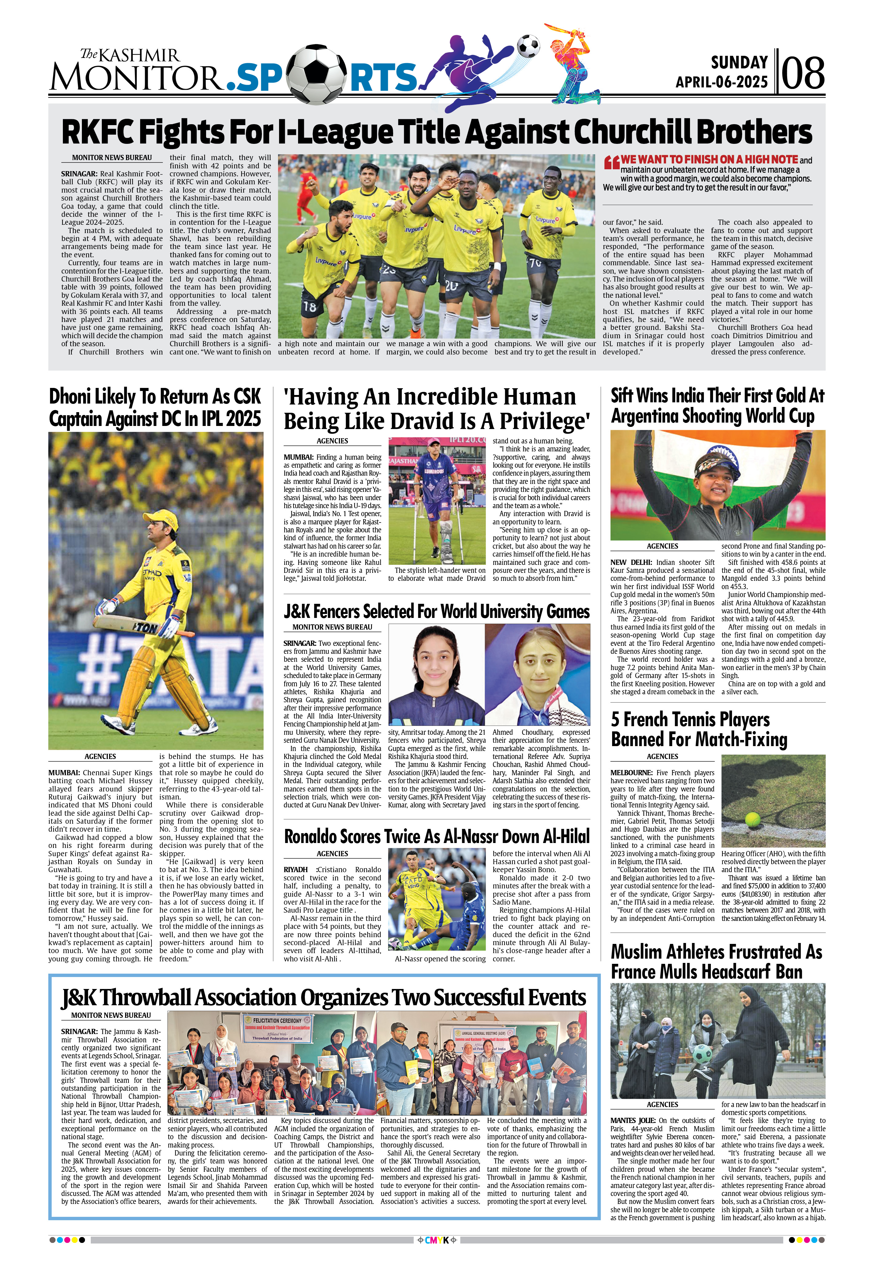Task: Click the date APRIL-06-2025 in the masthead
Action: coord(722,82)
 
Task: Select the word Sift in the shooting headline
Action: coord(622,396)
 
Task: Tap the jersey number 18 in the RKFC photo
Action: coord(310,307)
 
